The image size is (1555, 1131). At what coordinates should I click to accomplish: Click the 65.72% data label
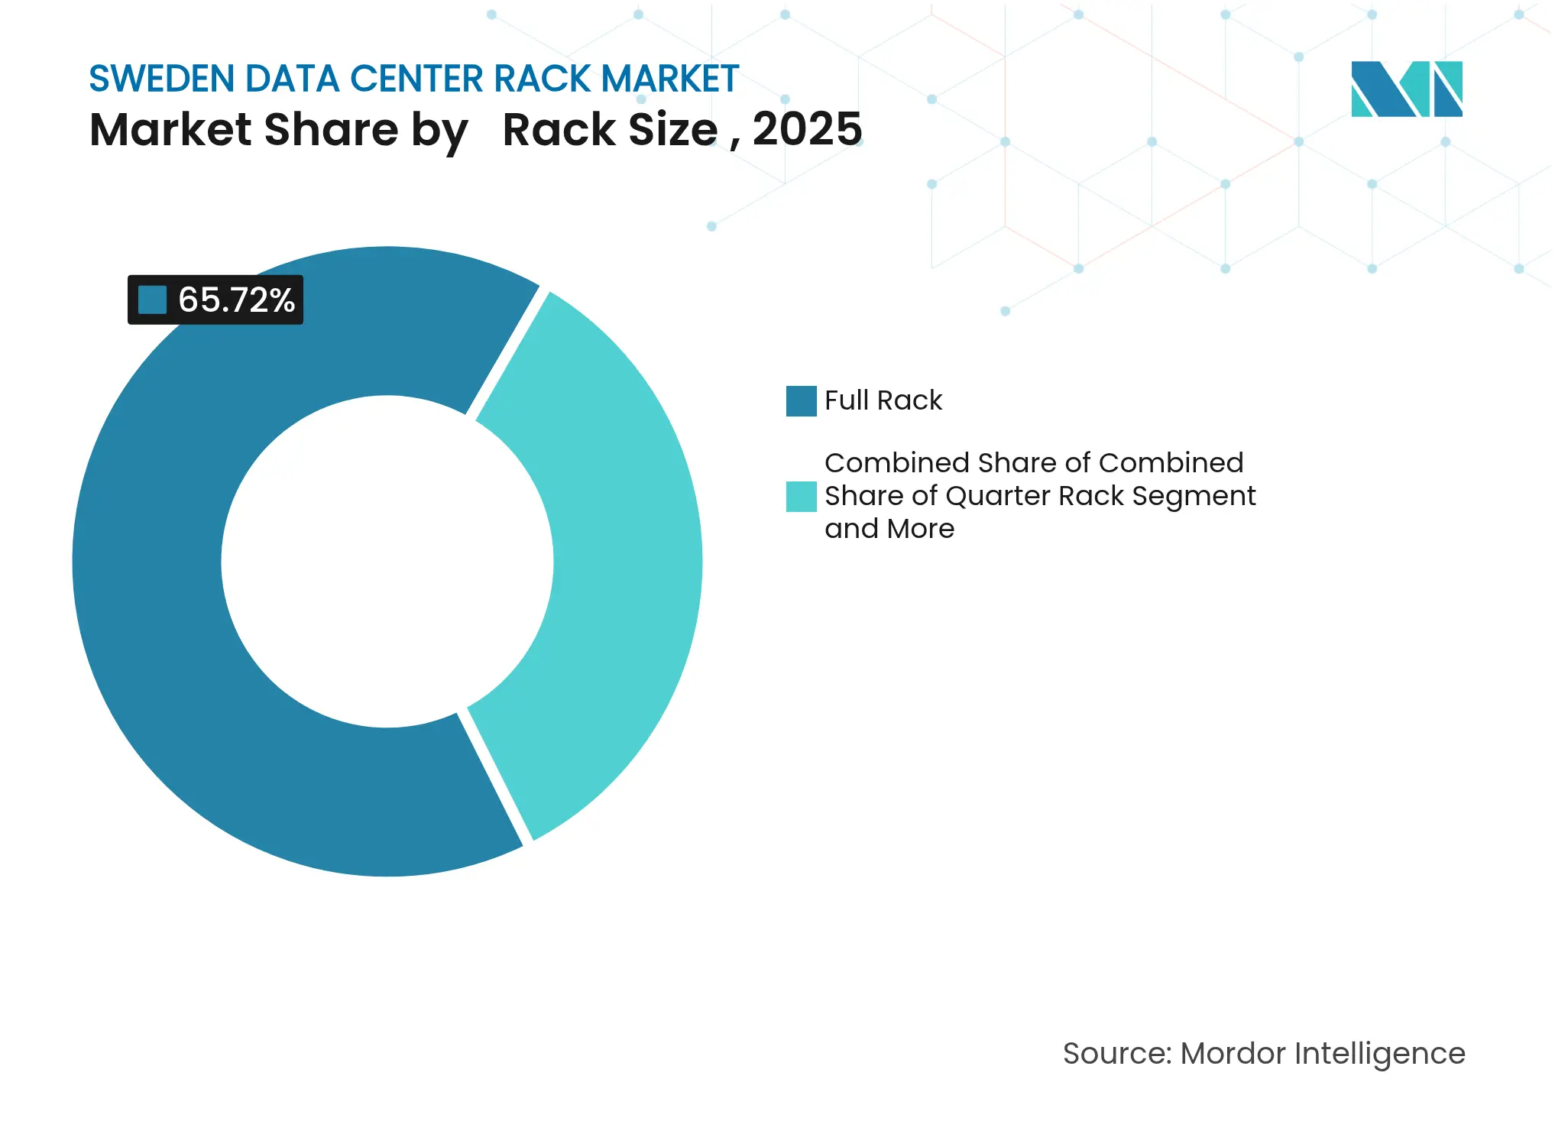pyautogui.click(x=235, y=300)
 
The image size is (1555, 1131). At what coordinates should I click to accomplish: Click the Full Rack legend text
pyautogui.click(x=883, y=400)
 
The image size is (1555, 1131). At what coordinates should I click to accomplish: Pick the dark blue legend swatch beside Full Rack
pyautogui.click(x=801, y=401)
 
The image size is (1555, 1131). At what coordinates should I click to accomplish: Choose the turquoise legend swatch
pyautogui.click(x=801, y=497)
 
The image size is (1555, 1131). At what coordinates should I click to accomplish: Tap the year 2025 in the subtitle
pyautogui.click(x=807, y=129)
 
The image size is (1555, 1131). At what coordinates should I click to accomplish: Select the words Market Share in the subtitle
pyautogui.click(x=243, y=129)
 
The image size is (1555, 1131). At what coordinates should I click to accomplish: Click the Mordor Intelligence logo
pyautogui.click(x=1406, y=89)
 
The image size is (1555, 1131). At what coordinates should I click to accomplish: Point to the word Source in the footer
pyautogui.click(x=1116, y=1053)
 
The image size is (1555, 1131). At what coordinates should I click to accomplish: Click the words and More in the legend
pyautogui.click(x=889, y=529)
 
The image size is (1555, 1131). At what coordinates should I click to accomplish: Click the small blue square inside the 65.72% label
pyautogui.click(x=152, y=300)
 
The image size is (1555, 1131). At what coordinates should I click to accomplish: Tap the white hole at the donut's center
pyautogui.click(x=387, y=562)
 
